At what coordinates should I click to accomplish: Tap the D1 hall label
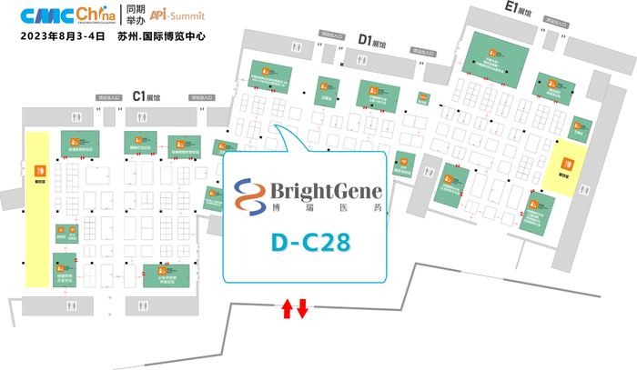(371, 40)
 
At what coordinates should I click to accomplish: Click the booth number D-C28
(311, 243)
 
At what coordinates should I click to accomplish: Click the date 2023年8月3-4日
(56, 38)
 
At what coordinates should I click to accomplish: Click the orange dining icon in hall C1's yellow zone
(37, 170)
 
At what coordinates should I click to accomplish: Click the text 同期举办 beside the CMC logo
(136, 15)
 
